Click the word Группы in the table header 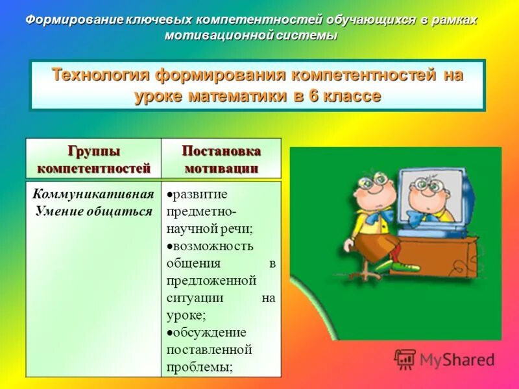pos(93,151)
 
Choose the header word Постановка pos(221,151)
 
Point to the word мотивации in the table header pos(221,168)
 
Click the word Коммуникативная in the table pos(93,194)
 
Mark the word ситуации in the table pos(195,298)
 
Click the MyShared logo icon pos(405,359)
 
